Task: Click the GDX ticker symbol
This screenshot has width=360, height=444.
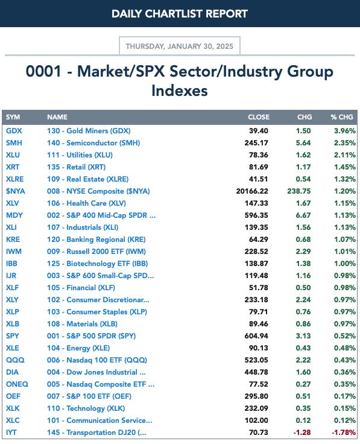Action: (14, 131)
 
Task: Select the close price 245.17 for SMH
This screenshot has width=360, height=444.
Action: (256, 143)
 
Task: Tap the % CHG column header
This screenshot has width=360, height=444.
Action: (342, 117)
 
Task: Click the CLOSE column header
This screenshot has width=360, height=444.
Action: (259, 117)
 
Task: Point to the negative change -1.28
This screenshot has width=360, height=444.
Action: (302, 433)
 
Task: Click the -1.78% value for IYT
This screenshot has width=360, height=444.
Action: (344, 433)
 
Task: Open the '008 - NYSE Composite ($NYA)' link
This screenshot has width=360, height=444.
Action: (98, 191)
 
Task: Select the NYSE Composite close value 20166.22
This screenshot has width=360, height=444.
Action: (252, 191)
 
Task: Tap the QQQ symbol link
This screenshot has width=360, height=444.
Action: (15, 360)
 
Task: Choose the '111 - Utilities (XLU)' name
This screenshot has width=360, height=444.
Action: (80, 155)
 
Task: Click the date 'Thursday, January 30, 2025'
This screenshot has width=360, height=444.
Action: (180, 46)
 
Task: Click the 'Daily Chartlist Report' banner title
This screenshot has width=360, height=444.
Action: (180, 14)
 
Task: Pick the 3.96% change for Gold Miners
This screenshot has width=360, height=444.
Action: (345, 131)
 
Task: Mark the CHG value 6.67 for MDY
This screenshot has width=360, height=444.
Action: (303, 215)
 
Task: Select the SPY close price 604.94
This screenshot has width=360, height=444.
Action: (256, 336)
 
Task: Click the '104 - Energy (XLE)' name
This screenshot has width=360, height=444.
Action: (78, 348)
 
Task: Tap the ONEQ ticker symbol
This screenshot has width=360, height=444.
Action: (17, 384)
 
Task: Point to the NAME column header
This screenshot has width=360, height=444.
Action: (57, 117)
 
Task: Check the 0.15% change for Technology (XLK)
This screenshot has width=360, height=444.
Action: (345, 408)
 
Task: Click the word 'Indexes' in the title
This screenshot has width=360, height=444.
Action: (180, 90)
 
